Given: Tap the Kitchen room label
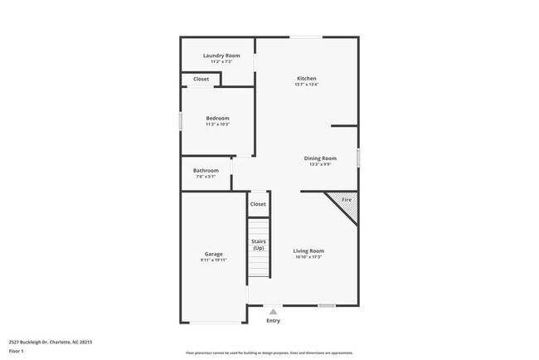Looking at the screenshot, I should (306, 78).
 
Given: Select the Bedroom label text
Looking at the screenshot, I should (217, 118).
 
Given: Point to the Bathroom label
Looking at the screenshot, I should (206, 170).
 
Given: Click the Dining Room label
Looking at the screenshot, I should (320, 158).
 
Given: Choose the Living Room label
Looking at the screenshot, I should (309, 251).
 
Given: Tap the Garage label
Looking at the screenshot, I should (213, 254).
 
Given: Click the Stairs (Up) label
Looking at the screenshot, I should (259, 245).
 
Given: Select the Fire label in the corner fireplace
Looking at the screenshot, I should (347, 199).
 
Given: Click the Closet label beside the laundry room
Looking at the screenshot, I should (201, 79).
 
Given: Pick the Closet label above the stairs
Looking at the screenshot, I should (258, 203).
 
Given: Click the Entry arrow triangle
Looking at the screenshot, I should (273, 311).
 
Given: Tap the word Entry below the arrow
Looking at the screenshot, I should (273, 320).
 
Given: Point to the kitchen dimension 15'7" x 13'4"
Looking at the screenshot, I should (306, 85).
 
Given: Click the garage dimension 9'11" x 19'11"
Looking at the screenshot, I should (213, 260).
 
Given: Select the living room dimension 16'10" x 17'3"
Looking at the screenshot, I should (309, 257).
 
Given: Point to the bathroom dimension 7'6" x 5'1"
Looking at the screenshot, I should (206, 177).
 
